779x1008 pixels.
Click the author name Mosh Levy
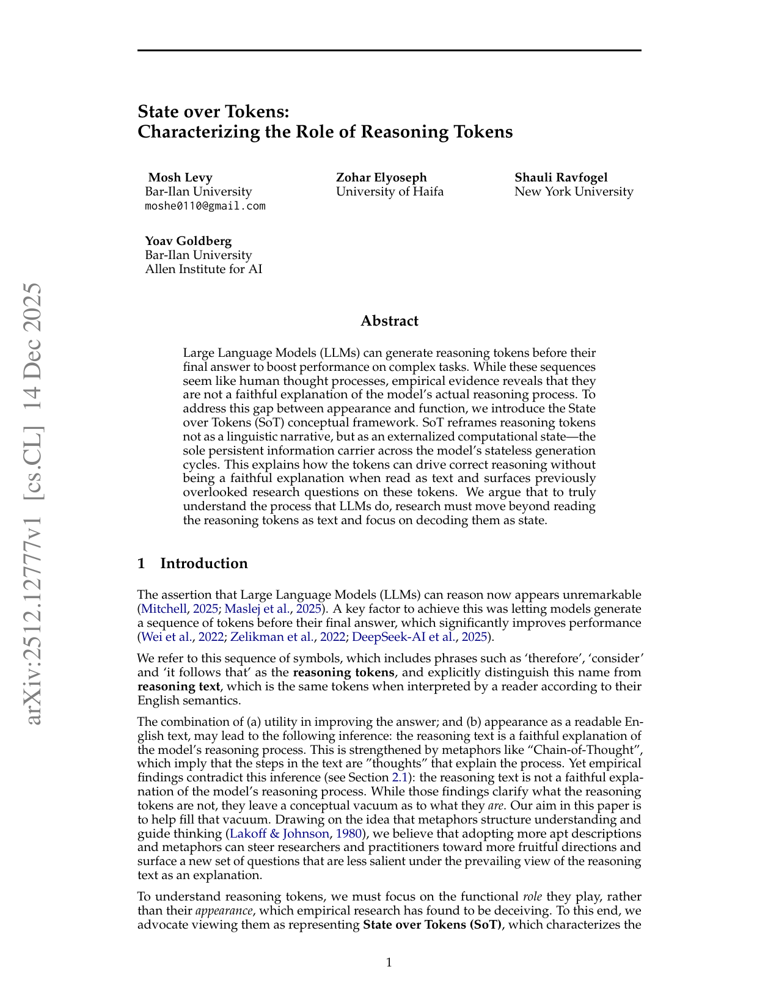click(x=180, y=177)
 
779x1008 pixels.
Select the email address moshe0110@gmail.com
click(x=205, y=206)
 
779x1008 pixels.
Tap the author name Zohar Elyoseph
click(x=381, y=177)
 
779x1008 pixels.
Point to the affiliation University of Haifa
click(x=390, y=191)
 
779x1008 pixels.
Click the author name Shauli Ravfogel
click(x=561, y=177)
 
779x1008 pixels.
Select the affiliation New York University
click(x=574, y=191)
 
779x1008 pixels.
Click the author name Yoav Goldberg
click(x=188, y=241)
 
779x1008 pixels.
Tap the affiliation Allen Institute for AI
click(x=203, y=269)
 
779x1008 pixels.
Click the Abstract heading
click(x=389, y=321)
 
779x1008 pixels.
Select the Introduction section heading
click(x=204, y=563)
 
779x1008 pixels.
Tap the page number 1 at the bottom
click(x=389, y=963)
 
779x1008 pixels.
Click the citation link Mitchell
click(x=161, y=608)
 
